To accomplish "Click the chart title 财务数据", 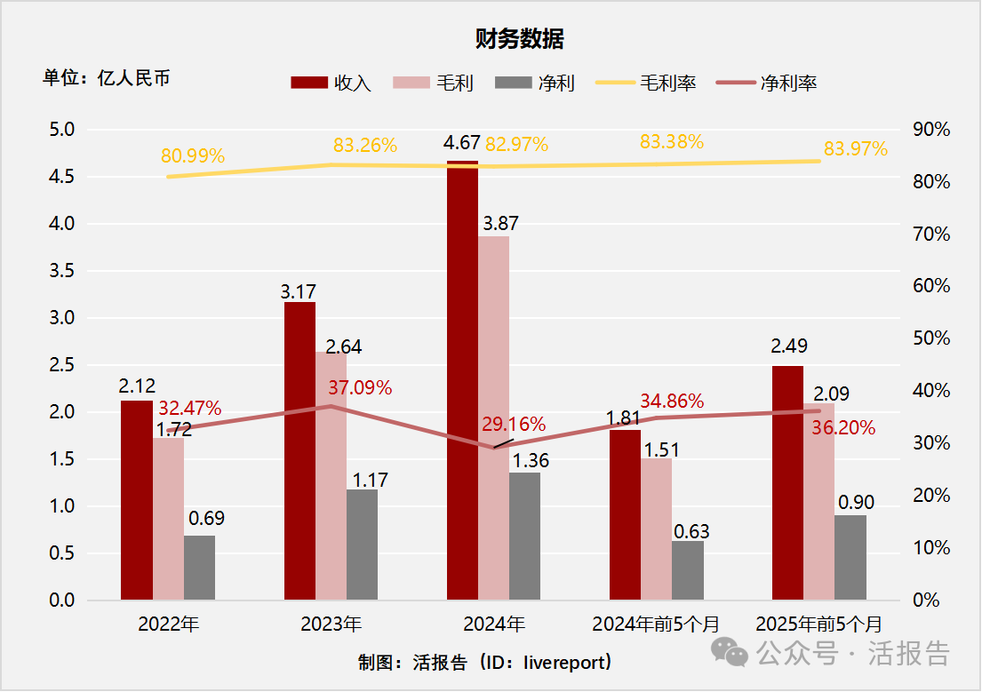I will [520, 39].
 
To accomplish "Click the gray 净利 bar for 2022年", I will [199, 568].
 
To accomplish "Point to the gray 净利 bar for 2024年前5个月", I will [687, 570].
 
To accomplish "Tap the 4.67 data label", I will [461, 143].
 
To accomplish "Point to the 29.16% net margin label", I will [514, 424].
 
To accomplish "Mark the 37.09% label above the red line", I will [360, 387].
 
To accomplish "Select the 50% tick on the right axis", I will [931, 338].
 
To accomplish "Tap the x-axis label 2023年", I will [331, 624].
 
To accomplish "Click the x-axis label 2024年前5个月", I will [657, 624].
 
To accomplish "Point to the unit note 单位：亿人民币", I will [107, 78].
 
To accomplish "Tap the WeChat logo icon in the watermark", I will [734, 655].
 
